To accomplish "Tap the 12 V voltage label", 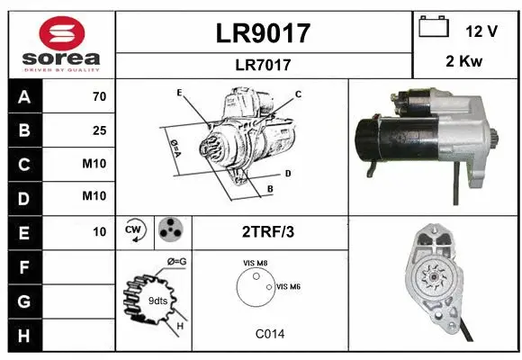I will (481, 31).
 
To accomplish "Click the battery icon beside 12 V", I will (434, 28).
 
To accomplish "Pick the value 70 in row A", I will (99, 96).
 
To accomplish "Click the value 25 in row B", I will (99, 130).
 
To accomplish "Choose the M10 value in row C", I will (94, 165).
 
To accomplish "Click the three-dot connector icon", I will (170, 232).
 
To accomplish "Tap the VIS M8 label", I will (255, 263).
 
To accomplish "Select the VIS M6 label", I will (288, 286).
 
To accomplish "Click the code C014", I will (269, 333).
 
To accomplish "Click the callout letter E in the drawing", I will (179, 93).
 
